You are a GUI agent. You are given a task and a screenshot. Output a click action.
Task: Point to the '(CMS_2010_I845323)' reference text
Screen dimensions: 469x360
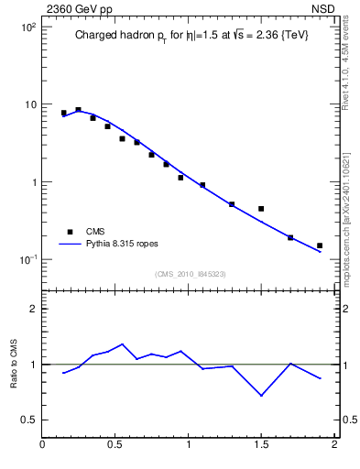191,273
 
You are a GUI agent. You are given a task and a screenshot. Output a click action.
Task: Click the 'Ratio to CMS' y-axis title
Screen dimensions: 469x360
14,364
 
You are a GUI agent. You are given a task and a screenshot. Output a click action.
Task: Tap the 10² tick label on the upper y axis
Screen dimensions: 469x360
27,27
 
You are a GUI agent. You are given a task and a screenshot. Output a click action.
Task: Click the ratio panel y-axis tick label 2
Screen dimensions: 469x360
33,310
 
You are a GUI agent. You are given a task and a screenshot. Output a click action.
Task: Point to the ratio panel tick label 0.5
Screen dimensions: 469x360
28,420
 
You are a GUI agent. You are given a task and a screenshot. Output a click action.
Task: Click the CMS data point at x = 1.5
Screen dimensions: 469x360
261,209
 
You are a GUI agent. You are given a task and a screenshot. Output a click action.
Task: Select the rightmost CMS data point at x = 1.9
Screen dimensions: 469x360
320,245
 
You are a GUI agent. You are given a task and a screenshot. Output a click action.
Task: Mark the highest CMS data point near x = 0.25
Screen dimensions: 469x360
78,110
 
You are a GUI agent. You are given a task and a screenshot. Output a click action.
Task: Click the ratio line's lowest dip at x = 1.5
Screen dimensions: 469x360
261,396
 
